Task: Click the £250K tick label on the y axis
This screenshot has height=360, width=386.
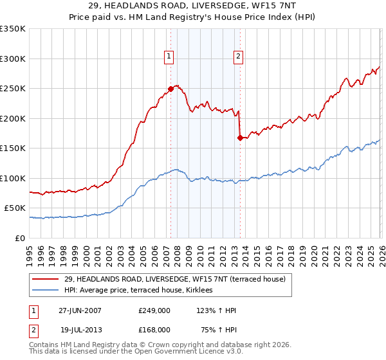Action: point(13,88)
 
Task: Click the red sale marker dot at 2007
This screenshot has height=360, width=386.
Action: point(170,89)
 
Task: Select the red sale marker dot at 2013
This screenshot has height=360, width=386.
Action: point(240,137)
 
